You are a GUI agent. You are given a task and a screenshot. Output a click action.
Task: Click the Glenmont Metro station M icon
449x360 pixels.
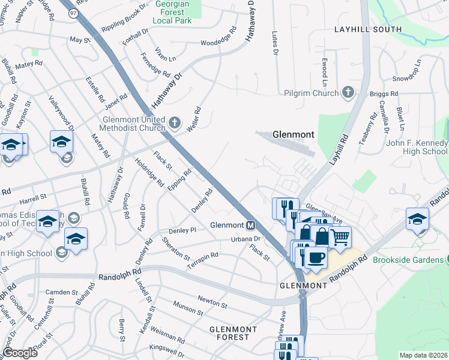tap(251, 226)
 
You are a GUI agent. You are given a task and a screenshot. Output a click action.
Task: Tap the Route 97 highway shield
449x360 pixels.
tap(73, 13)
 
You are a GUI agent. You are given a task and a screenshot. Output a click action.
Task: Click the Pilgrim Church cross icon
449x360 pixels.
tap(347, 92)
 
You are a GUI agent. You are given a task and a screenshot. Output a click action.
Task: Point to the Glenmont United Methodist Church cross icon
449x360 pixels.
tap(174, 123)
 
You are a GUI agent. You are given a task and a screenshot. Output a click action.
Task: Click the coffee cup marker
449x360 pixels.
tap(315, 257)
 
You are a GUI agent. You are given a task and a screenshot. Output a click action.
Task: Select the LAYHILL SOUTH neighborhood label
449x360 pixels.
tap(368, 29)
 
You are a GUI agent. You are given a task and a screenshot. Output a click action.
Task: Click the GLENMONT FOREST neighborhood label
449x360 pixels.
tap(233, 333)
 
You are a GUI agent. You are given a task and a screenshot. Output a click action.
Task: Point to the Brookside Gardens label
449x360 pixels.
tap(408, 260)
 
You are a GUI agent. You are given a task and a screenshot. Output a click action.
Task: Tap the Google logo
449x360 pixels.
tap(20, 353)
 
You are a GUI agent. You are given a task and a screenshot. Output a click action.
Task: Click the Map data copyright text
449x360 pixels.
tap(423, 355)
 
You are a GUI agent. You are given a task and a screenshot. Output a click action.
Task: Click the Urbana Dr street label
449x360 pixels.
tap(244, 239)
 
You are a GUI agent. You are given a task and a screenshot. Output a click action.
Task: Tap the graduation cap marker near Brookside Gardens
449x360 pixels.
tap(417, 218)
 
